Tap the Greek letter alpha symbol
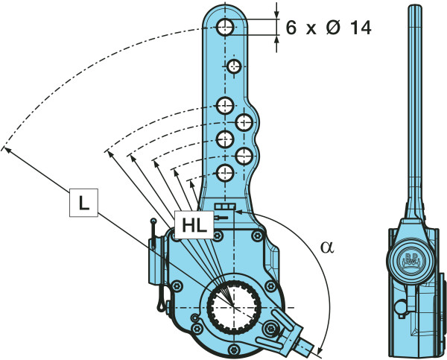325,247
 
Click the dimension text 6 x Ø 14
328,28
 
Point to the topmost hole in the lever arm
224,28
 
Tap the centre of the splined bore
232,307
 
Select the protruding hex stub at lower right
306,345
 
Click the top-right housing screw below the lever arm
258,237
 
